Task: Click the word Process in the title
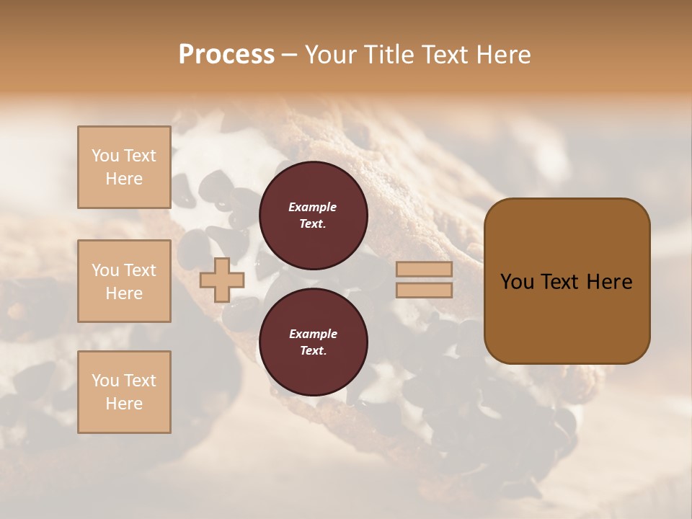226,55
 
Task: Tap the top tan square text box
124,167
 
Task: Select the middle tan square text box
124,281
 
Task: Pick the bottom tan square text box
124,392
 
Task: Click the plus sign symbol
221,280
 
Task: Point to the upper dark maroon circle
314,216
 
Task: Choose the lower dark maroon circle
314,342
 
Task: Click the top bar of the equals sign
424,269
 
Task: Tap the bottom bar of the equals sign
424,290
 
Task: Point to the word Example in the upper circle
313,207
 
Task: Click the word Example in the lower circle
313,334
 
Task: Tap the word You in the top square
105,156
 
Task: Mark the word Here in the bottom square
124,404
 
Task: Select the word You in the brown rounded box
517,282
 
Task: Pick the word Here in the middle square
124,293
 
